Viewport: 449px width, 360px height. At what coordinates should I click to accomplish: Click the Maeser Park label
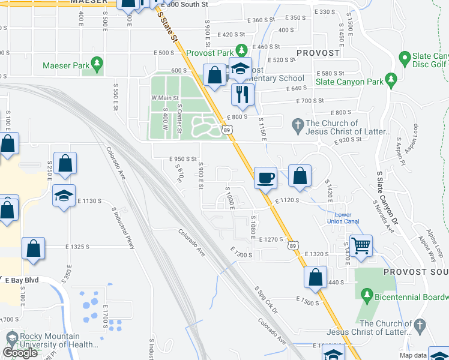click(65, 65)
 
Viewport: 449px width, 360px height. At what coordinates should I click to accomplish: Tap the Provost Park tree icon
click(241, 50)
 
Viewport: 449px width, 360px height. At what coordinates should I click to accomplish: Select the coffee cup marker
click(266, 177)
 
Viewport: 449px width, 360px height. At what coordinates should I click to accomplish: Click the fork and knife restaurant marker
click(243, 94)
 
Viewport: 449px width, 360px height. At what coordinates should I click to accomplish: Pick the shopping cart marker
click(361, 244)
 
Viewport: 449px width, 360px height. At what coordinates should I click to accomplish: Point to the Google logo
click(20, 353)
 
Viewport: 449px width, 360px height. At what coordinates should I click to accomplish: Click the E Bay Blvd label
click(22, 280)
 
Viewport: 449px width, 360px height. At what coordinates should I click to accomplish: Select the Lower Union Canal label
click(343, 218)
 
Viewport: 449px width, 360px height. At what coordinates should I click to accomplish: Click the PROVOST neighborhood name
click(318, 53)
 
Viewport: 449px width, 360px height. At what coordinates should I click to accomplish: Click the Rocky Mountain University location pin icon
click(11, 338)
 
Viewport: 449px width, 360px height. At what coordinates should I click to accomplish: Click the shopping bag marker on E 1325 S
click(34, 250)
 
